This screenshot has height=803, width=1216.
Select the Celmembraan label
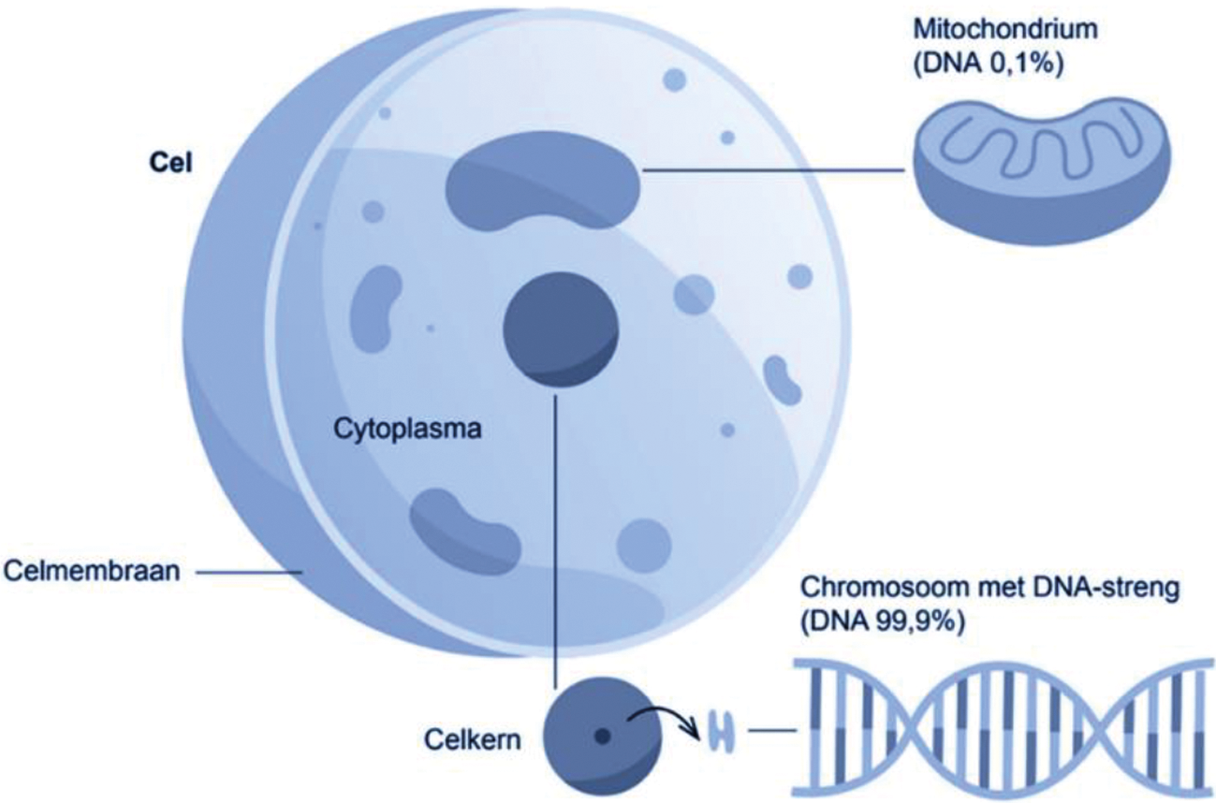(x=91, y=569)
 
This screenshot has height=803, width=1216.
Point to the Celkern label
(x=465, y=741)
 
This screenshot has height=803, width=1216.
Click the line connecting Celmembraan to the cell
(x=249, y=570)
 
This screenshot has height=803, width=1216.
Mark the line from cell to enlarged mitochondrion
(x=776, y=169)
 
